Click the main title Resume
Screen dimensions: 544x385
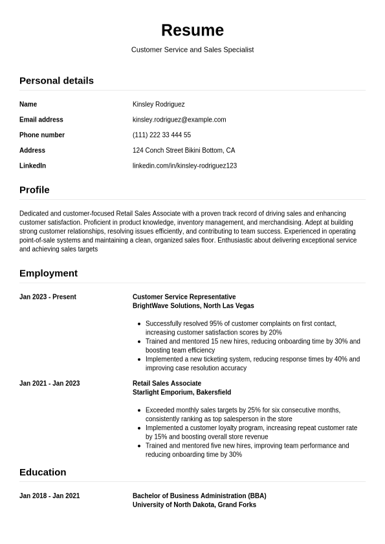tap(192, 30)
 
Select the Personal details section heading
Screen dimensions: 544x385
tap(56, 80)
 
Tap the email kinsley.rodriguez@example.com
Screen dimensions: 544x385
tap(179, 120)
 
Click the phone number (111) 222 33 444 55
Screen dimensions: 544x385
tap(162, 135)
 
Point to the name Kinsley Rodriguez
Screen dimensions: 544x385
tap(159, 104)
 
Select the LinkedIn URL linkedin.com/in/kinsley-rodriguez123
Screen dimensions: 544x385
tap(184, 166)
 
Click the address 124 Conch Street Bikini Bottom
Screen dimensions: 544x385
tap(184, 150)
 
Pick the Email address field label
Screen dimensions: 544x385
tap(41, 120)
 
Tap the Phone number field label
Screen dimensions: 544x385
tap(42, 135)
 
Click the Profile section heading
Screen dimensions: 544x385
tap(34, 190)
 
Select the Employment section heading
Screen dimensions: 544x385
tap(49, 273)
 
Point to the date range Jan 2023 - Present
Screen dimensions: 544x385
tap(48, 297)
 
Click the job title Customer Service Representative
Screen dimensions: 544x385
tap(184, 297)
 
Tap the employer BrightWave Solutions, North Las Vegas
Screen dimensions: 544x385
tap(193, 306)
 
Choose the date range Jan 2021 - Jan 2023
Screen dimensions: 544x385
tap(50, 384)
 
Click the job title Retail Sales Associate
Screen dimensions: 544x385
tap(167, 384)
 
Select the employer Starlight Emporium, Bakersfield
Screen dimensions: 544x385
tap(182, 393)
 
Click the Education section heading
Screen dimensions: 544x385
tap(43, 472)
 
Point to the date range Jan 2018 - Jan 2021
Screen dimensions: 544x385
tap(50, 496)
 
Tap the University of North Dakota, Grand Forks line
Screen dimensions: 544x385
tap(194, 505)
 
